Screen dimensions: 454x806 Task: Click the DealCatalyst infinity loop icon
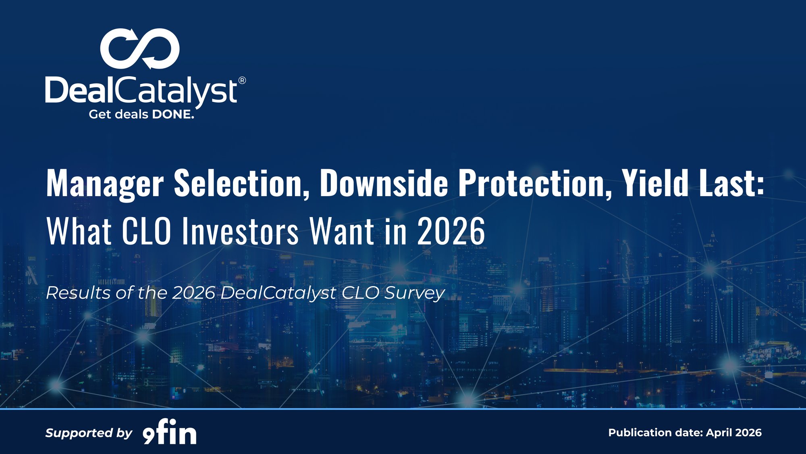(x=140, y=49)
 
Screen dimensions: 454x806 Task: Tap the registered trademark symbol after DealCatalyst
(x=242, y=80)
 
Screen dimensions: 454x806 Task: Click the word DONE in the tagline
(x=173, y=115)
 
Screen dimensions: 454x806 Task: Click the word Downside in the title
(x=384, y=184)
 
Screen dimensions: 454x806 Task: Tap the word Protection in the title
(x=535, y=184)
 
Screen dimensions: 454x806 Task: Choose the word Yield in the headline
(x=655, y=184)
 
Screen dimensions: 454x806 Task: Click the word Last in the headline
(x=731, y=184)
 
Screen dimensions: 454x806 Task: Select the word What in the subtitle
(x=79, y=231)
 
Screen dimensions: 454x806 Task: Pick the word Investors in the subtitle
(x=240, y=231)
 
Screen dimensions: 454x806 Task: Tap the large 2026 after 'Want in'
(x=451, y=231)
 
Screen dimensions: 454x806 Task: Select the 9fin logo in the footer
(x=170, y=432)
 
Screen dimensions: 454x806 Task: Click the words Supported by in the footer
(x=89, y=433)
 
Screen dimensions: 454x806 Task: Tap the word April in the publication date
(x=719, y=433)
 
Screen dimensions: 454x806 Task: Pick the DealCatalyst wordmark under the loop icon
(x=141, y=91)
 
